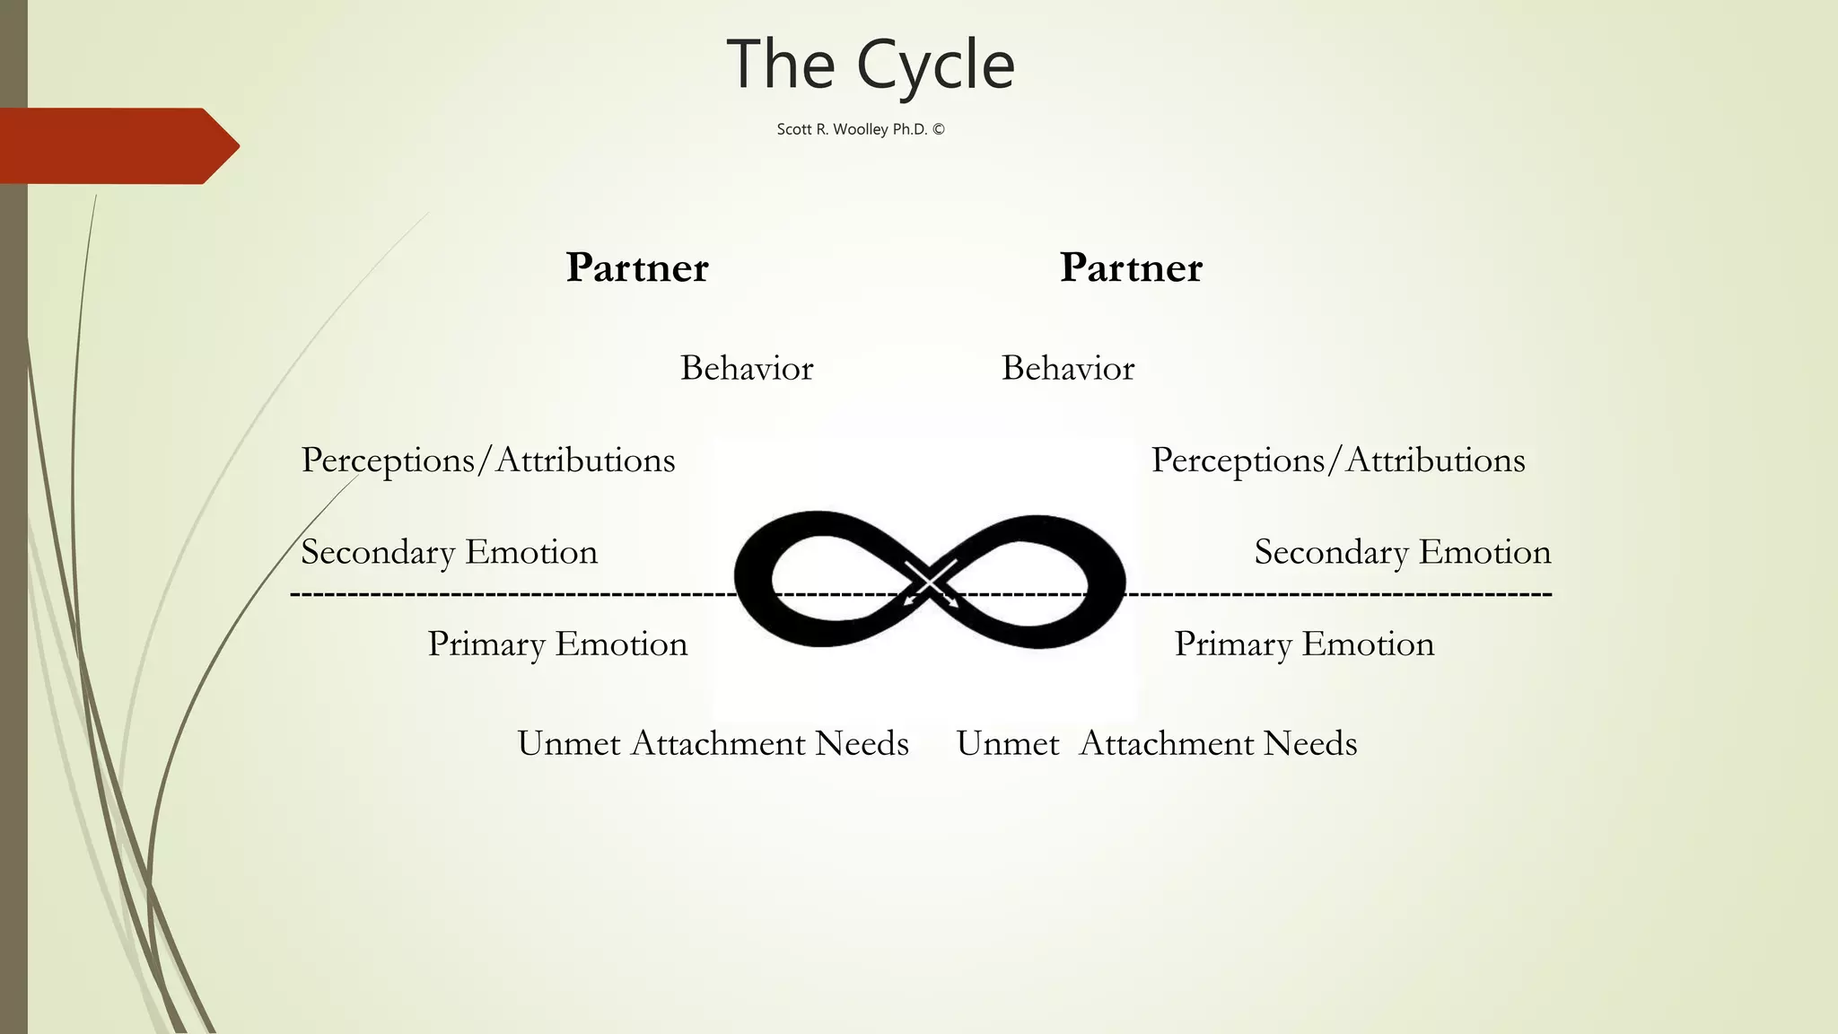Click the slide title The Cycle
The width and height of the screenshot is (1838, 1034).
click(870, 65)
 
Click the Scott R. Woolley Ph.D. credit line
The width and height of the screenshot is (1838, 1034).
click(860, 129)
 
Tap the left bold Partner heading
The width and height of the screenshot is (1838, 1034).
click(637, 267)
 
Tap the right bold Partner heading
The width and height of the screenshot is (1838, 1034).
click(1131, 267)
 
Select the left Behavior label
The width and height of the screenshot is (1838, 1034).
click(747, 368)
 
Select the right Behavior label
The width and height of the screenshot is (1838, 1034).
click(1068, 368)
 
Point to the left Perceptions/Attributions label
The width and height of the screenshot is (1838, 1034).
click(488, 460)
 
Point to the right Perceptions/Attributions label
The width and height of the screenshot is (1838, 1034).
click(1338, 460)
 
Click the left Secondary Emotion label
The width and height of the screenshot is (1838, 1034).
click(449, 552)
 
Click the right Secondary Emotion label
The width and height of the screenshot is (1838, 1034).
click(1403, 552)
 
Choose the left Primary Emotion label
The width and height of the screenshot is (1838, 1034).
click(557, 644)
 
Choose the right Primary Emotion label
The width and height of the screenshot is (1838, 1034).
click(1304, 644)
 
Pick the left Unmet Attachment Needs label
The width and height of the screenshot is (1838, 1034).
click(713, 744)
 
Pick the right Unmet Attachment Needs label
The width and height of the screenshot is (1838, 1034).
click(1156, 744)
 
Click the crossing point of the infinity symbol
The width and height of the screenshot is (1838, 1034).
click(931, 582)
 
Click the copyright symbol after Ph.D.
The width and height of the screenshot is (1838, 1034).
click(939, 129)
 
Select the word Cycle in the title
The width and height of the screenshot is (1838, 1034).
click(935, 65)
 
